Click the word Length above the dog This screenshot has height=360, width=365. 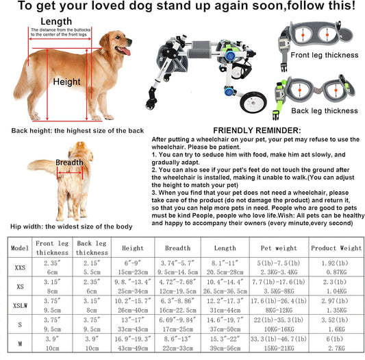[60, 21]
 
